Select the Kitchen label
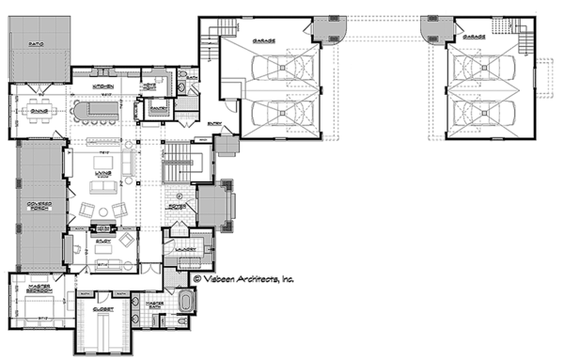104,86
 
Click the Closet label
103,307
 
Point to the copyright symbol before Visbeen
198,278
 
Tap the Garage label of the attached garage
263,41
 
